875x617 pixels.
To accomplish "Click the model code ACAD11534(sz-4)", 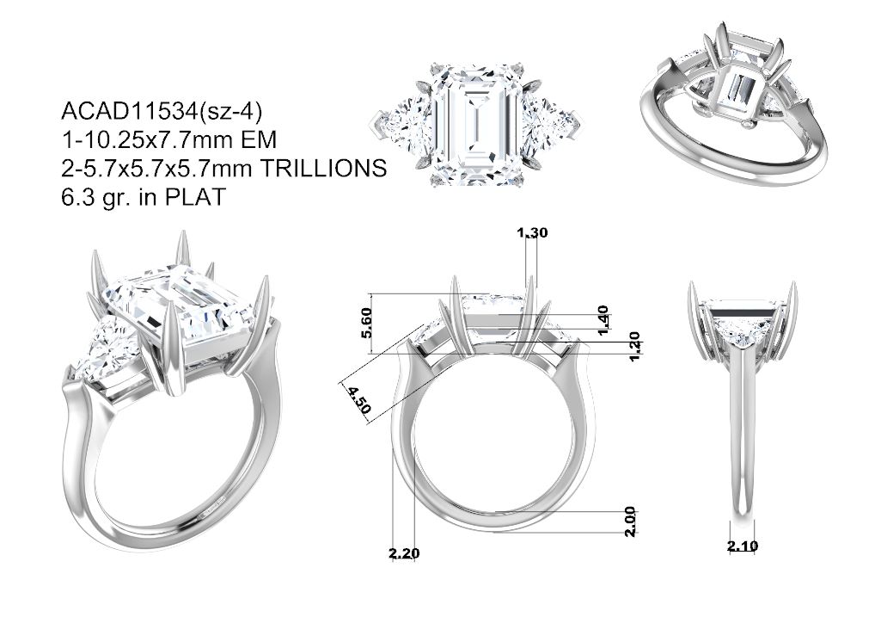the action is point(162,112).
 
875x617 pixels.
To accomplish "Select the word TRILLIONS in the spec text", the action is point(324,168).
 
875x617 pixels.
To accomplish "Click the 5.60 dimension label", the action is point(366,323).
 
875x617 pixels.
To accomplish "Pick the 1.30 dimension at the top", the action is point(532,232).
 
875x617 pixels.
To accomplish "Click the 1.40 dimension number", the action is point(603,320).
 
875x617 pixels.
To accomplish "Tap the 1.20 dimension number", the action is point(634,347).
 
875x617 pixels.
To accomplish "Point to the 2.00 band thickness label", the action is point(630,521).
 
